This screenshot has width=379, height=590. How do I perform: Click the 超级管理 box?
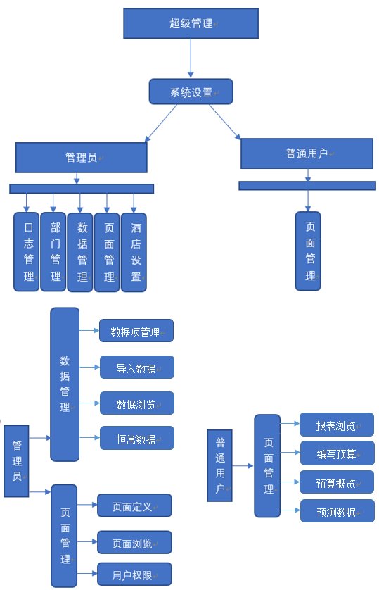pyautogui.click(x=191, y=23)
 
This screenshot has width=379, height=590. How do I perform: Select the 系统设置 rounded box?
pyautogui.click(x=191, y=92)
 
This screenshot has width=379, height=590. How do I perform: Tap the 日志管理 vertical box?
pyautogui.click(x=26, y=252)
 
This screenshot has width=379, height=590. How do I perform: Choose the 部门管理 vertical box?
pyautogui.click(x=53, y=252)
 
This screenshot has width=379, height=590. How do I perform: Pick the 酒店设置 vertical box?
pyautogui.click(x=134, y=253)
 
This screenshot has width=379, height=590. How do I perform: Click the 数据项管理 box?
pyautogui.click(x=136, y=331)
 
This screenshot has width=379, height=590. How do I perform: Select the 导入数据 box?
pyautogui.click(x=137, y=368)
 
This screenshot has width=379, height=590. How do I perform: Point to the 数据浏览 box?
pyautogui.click(x=137, y=403)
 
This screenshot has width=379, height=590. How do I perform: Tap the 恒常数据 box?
pyautogui.click(x=137, y=438)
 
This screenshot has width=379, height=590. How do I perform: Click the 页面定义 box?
pyautogui.click(x=134, y=506)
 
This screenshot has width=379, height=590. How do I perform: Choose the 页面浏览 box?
pyautogui.click(x=134, y=542)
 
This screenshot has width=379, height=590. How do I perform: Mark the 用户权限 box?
pyautogui.click(x=134, y=575)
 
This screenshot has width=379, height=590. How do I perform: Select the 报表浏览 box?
pyautogui.click(x=337, y=425)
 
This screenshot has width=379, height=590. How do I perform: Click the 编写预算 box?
pyautogui.click(x=338, y=453)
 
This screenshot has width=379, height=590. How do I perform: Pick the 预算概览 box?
pyautogui.click(x=337, y=482)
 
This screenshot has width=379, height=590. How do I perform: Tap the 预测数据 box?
pyautogui.click(x=338, y=511)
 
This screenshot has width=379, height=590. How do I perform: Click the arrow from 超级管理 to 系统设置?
pyautogui.click(x=191, y=58)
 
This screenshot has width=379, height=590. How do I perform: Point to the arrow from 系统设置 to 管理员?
pyautogui.click(x=161, y=123)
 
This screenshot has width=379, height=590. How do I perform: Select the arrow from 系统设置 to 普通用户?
pyautogui.click(x=224, y=122)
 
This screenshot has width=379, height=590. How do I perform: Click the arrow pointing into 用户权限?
pyautogui.click(x=87, y=574)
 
